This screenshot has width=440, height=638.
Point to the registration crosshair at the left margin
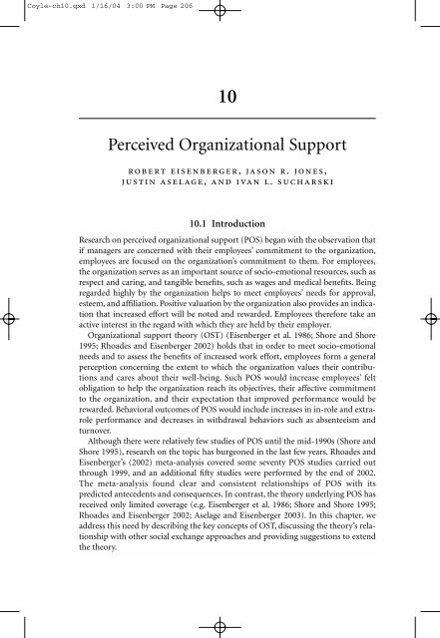point(11,320)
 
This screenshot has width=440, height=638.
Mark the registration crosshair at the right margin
point(429,320)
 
